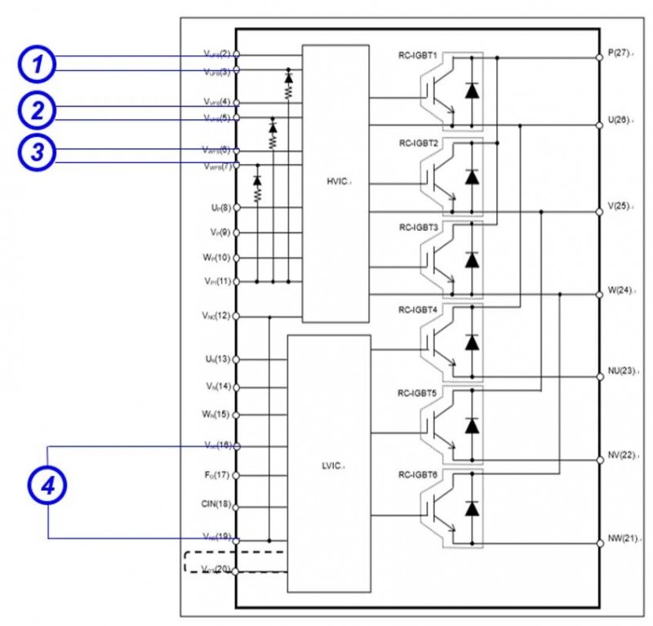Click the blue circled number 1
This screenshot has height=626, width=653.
click(38, 64)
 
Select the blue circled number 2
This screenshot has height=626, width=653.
click(38, 112)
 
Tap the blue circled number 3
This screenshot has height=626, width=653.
click(38, 153)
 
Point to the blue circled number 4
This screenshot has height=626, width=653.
click(47, 487)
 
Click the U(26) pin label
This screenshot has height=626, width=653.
click(618, 121)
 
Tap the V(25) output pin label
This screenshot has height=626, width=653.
click(618, 206)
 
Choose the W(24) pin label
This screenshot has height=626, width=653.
click(619, 290)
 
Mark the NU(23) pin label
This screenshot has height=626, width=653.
click(621, 371)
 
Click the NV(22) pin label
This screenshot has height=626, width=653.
click(621, 455)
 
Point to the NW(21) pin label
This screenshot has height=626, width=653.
click(621, 539)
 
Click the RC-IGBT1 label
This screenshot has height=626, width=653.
click(419, 57)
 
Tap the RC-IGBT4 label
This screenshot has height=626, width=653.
click(419, 310)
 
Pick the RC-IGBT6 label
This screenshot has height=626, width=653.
click(419, 475)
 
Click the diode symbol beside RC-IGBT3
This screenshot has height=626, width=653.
click(471, 259)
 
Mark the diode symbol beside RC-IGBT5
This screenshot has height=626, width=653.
click(471, 425)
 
